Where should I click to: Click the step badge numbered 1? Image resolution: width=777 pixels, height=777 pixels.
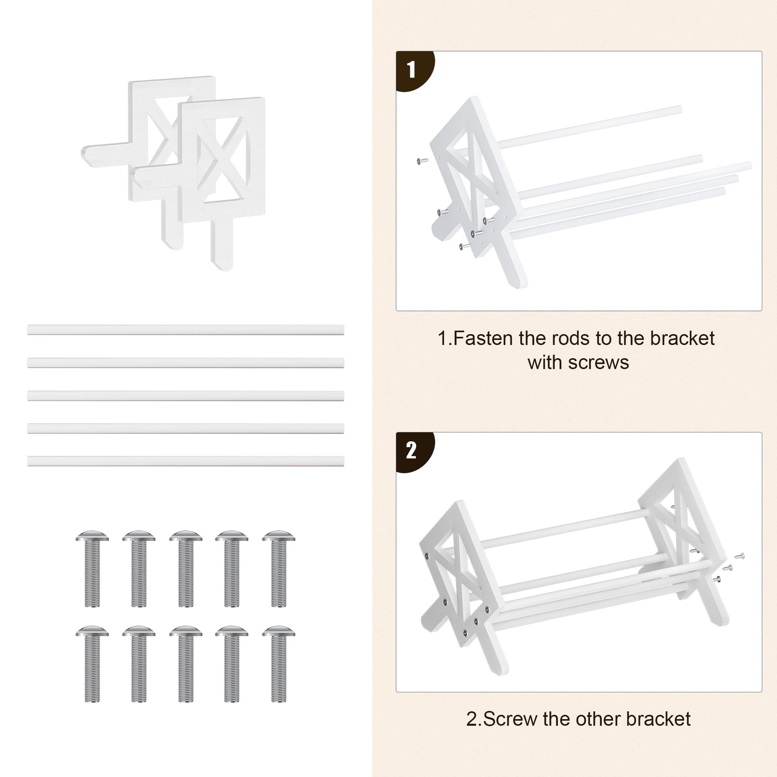pyautogui.click(x=413, y=70)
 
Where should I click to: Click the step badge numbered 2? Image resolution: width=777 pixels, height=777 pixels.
pyautogui.click(x=413, y=451)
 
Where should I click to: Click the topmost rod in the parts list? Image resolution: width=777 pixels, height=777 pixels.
pyautogui.click(x=185, y=330)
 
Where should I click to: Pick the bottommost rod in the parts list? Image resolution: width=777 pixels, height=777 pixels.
pyautogui.click(x=185, y=461)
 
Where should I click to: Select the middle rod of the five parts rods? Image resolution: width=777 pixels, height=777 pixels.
pyautogui.click(x=185, y=395)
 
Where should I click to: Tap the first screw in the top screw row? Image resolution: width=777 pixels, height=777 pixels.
pyautogui.click(x=92, y=569)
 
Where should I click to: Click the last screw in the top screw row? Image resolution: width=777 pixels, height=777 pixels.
pyautogui.click(x=278, y=569)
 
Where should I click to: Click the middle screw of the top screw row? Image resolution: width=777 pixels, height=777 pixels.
pyautogui.click(x=185, y=569)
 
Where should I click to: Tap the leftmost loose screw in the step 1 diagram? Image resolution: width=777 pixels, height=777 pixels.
pyautogui.click(x=422, y=161)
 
